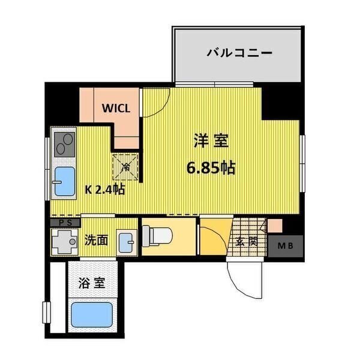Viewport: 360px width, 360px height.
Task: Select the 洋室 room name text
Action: point(210,142)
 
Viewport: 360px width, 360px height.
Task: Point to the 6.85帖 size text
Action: point(210,167)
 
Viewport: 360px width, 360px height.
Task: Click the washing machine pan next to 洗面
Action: point(64,242)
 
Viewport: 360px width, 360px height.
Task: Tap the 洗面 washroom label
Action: point(97,240)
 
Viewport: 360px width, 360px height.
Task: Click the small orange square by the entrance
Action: point(274,226)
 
